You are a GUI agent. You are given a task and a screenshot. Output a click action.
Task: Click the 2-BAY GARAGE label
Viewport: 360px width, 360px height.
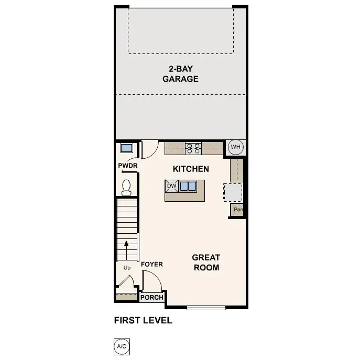[183, 74]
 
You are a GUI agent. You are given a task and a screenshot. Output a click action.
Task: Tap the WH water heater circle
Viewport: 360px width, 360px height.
[235, 147]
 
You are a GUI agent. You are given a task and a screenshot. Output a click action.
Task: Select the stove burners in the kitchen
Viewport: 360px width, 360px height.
[193, 148]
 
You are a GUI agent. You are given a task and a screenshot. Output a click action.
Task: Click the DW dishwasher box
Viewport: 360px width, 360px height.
[171, 186]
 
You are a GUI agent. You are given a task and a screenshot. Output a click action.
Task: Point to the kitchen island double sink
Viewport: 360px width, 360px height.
[189, 186]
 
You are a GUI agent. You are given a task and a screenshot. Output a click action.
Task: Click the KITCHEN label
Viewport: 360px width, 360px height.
[191, 169]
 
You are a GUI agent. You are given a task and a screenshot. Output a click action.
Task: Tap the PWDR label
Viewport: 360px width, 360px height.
[127, 166]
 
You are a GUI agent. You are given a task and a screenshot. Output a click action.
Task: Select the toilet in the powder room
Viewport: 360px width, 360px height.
[126, 187]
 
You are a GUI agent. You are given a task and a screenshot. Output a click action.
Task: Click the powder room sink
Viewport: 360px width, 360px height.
[126, 148]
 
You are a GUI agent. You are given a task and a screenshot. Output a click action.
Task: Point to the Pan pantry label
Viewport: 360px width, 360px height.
[238, 210]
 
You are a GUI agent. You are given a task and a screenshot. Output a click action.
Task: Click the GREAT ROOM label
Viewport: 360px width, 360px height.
[205, 262]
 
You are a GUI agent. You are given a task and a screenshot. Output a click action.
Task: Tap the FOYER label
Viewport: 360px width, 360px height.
[152, 264]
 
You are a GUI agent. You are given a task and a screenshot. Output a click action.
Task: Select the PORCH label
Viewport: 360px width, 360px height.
[152, 298]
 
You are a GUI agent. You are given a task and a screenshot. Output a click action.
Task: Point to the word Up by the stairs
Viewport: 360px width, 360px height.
[127, 268]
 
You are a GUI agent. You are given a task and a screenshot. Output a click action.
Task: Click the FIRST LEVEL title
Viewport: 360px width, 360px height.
[143, 320]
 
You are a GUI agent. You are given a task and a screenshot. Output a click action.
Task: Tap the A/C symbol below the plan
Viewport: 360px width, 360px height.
[121, 346]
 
